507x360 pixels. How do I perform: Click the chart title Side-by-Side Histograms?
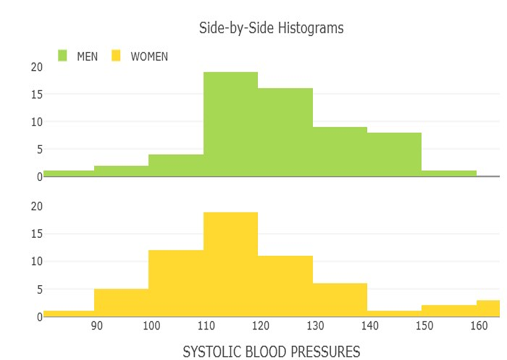pyautogui.click(x=271, y=28)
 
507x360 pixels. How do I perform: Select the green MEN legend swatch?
pyautogui.click(x=63, y=56)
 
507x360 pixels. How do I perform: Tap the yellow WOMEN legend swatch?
pyautogui.click(x=117, y=56)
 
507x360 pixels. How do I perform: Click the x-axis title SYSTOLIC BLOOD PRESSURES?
pyautogui.click(x=271, y=352)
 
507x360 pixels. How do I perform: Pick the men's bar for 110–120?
pyautogui.click(x=230, y=124)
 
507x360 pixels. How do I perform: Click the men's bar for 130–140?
pyautogui.click(x=340, y=152)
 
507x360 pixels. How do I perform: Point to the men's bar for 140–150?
pyautogui.click(x=394, y=155)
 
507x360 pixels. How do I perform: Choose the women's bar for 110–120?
pyautogui.click(x=230, y=264)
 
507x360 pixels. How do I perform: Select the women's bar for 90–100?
pyautogui.click(x=121, y=302)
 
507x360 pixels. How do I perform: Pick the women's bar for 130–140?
pyautogui.click(x=340, y=300)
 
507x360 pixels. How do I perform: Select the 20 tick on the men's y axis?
pyautogui.click(x=36, y=67)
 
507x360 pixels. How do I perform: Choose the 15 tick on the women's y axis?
pyautogui.click(x=36, y=234)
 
